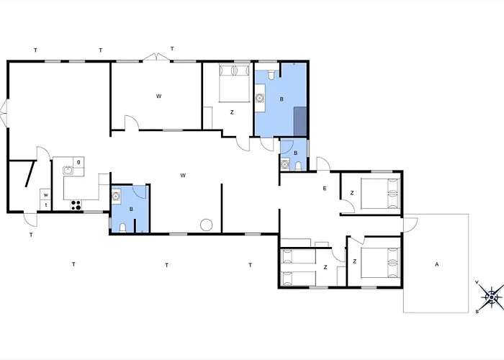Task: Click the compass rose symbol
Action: pos(492,297)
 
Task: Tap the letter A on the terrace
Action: pos(436,264)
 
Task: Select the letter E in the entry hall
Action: pos(325,189)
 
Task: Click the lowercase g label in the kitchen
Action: pos(78,162)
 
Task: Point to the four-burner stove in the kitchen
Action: pos(76,205)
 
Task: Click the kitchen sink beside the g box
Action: pos(68,170)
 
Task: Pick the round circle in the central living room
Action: pos(206,225)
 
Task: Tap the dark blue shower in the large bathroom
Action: pos(300,122)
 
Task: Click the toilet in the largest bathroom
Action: pos(272,75)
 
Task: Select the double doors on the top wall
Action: pos(156,57)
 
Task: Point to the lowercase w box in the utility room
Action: pos(45,195)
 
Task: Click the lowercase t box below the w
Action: pos(45,205)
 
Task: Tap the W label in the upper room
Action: pos(158,96)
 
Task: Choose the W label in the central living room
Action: pos(183,175)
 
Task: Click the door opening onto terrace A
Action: pos(410,225)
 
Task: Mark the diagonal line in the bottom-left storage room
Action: pos(30,174)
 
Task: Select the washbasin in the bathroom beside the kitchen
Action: pos(116,196)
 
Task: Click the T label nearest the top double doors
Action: pos(172,49)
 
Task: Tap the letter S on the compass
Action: pos(477,312)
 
